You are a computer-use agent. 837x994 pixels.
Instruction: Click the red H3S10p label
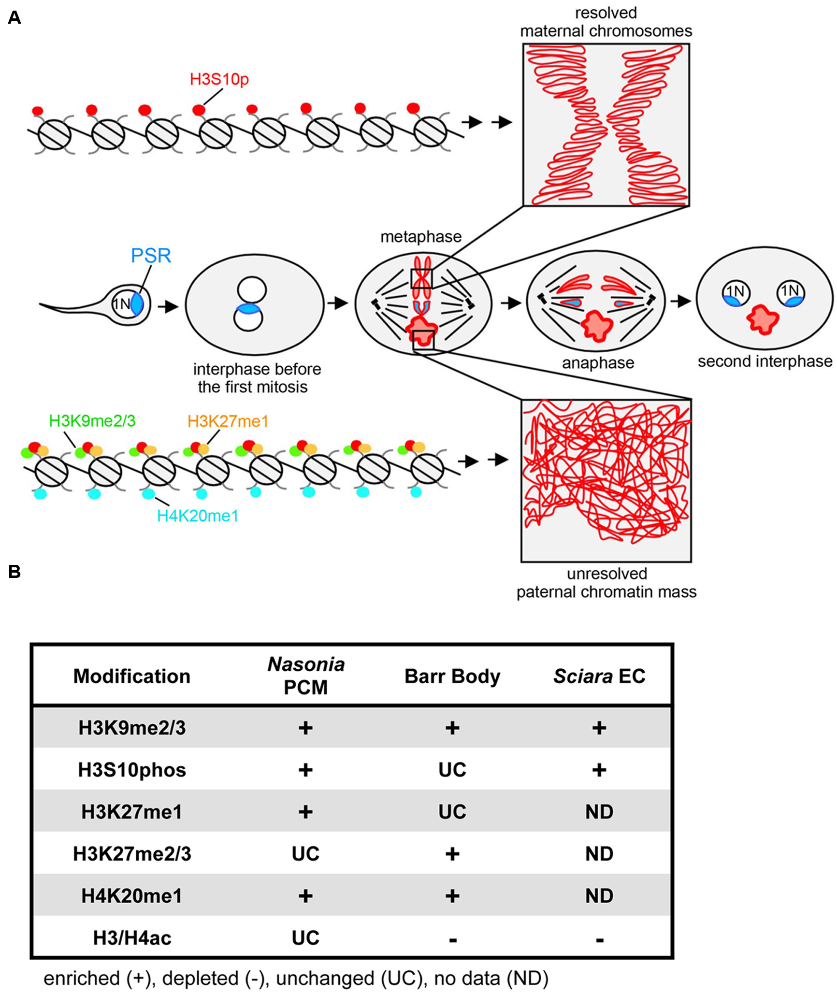[x=219, y=79]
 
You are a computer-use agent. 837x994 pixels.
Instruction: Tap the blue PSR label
[x=151, y=256]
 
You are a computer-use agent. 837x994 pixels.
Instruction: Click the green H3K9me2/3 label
[x=92, y=421]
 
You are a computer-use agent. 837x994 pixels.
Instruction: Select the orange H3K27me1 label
[x=228, y=421]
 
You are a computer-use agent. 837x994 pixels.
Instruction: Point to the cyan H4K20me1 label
[x=198, y=516]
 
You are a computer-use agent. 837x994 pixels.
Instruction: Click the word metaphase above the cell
[x=420, y=237]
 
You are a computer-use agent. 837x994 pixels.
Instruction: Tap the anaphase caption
[x=598, y=363]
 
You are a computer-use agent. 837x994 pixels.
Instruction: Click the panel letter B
[x=14, y=572]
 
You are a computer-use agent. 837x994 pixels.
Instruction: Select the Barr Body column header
[x=452, y=676]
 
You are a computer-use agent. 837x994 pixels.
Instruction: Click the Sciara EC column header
[x=599, y=676]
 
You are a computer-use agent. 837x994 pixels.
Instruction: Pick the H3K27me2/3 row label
[x=132, y=854]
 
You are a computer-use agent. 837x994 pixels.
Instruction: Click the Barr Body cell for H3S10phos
[x=452, y=770]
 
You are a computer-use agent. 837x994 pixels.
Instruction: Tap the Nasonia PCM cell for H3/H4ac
[x=305, y=938]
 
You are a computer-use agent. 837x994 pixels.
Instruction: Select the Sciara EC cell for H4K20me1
[x=599, y=896]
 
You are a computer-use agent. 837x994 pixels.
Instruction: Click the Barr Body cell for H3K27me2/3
[x=452, y=854]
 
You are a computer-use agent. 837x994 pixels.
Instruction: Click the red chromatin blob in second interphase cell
[x=763, y=319]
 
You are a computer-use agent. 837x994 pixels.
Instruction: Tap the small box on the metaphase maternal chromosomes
[x=421, y=279]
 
